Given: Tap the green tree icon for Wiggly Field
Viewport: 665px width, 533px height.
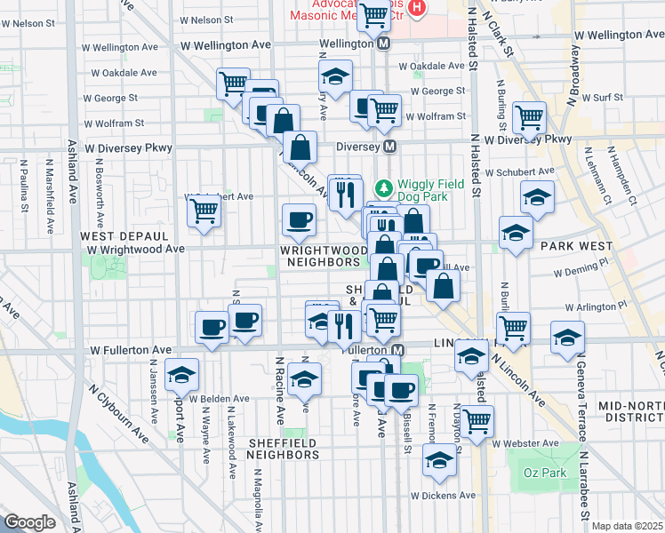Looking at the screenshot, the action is (383, 188).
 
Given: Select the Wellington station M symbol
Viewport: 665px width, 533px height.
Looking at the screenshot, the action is (384, 43).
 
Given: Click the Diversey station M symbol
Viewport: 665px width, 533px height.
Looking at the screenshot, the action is (390, 147).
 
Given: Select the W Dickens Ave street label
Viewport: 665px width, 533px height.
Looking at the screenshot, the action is (443, 495).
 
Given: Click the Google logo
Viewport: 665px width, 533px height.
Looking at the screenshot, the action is (29, 522).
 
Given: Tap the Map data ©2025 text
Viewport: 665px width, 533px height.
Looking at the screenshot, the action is (627, 526).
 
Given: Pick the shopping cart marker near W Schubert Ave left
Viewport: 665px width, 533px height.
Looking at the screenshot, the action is (204, 211).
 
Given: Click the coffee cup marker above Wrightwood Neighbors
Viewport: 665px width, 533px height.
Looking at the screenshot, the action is (299, 218).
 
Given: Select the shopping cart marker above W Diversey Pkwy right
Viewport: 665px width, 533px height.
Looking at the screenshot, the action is (529, 116).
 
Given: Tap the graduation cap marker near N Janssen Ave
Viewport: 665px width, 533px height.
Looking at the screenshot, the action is (181, 375).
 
